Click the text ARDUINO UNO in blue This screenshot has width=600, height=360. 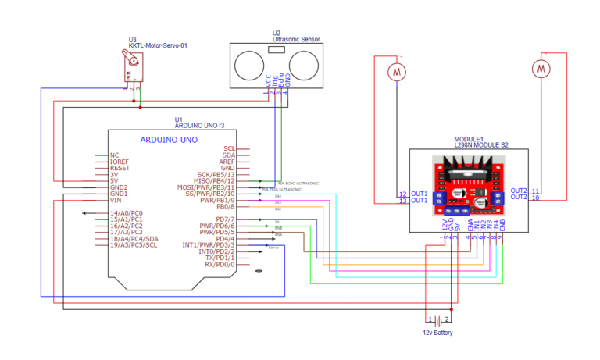click(x=169, y=140)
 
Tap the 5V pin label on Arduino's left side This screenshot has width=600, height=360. click(x=114, y=180)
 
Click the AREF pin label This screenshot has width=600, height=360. click(x=227, y=161)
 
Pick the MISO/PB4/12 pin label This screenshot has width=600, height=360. click(x=214, y=180)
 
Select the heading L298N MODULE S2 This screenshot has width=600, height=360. click(x=481, y=145)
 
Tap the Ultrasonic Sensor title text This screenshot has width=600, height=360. click(x=296, y=39)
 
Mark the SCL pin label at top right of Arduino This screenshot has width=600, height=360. click(x=229, y=148)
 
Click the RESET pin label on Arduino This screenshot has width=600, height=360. click(x=120, y=168)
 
